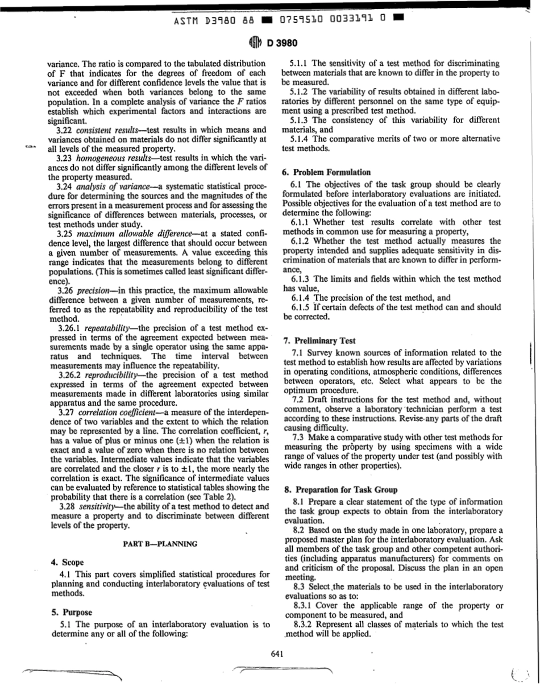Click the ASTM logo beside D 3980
(x=254, y=44)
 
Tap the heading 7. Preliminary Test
(x=319, y=341)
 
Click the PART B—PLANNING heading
(x=160, y=543)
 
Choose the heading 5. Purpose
(x=72, y=613)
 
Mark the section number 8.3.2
(x=303, y=624)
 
